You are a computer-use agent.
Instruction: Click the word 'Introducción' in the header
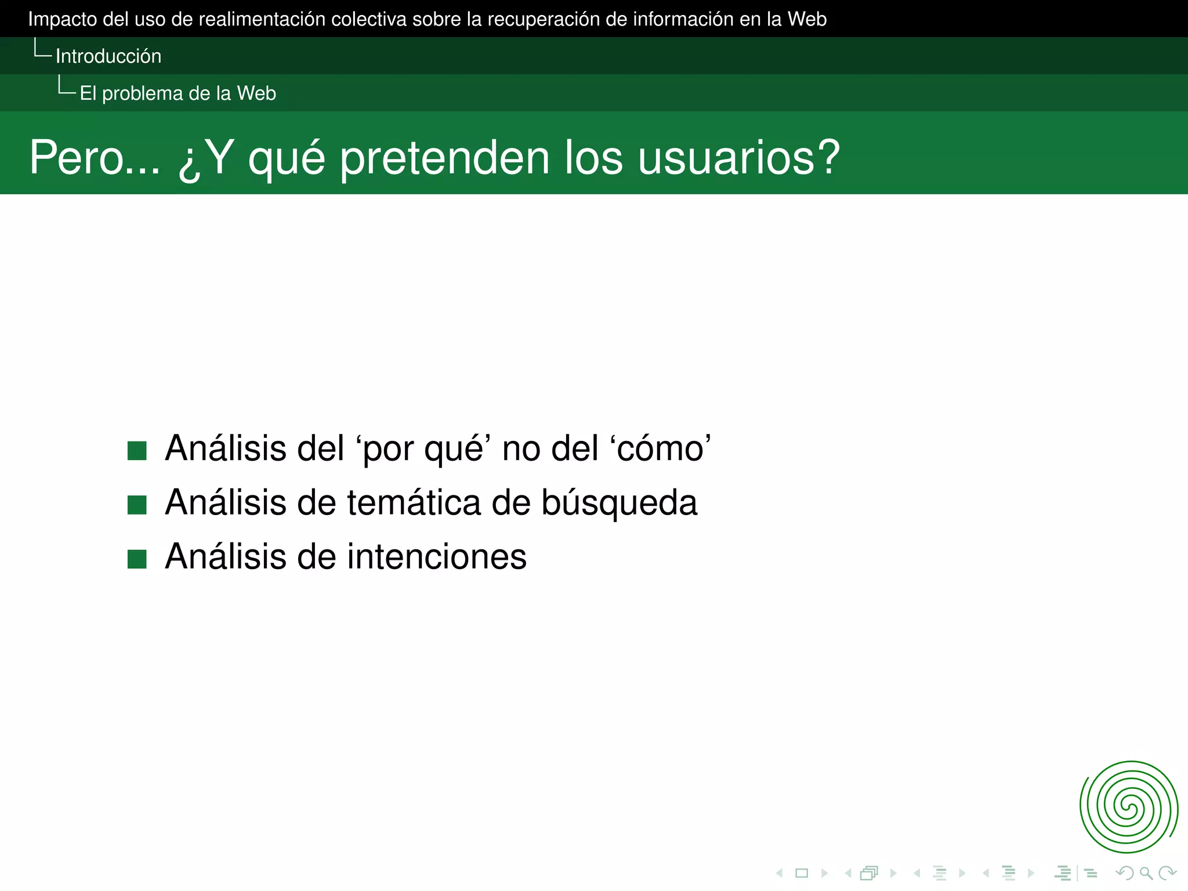(108, 56)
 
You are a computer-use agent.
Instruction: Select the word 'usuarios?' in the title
(738, 158)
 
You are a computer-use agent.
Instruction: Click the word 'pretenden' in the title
(444, 158)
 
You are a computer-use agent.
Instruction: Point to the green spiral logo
(1128, 807)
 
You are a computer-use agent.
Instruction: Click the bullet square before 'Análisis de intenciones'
(137, 559)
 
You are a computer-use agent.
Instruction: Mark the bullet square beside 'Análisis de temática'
(137, 505)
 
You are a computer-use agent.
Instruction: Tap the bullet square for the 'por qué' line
(137, 451)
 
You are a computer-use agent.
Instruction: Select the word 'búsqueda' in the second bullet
(619, 502)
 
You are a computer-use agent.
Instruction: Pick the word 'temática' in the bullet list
(414, 502)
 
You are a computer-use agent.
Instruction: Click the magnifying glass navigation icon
(1146, 873)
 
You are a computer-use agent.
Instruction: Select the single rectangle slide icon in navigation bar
(802, 873)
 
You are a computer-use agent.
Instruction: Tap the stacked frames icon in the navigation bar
(870, 873)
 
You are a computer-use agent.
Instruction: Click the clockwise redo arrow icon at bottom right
(1167, 873)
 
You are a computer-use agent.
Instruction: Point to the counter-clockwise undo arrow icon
(1125, 873)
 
